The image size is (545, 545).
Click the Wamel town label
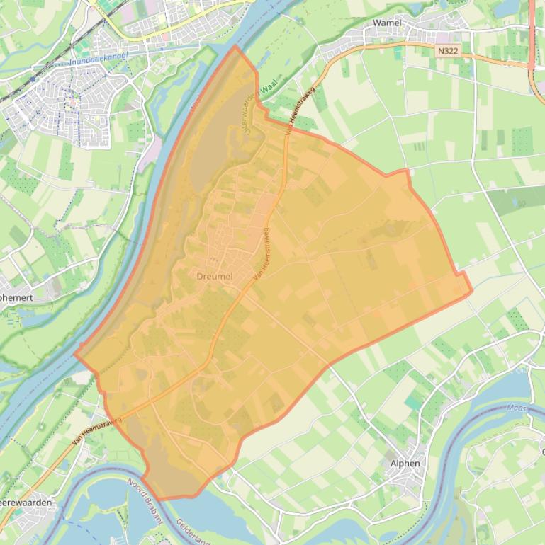(x=387, y=23)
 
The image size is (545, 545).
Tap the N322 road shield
(x=447, y=51)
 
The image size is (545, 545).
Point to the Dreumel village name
(x=215, y=276)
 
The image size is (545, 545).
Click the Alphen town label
(x=405, y=463)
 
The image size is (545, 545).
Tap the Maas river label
(x=518, y=408)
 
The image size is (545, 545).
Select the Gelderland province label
(x=193, y=531)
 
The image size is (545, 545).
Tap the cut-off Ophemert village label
(x=16, y=298)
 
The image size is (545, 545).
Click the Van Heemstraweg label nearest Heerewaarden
(x=96, y=431)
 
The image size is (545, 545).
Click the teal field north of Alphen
(x=414, y=402)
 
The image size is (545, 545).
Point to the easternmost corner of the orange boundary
(x=471, y=291)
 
